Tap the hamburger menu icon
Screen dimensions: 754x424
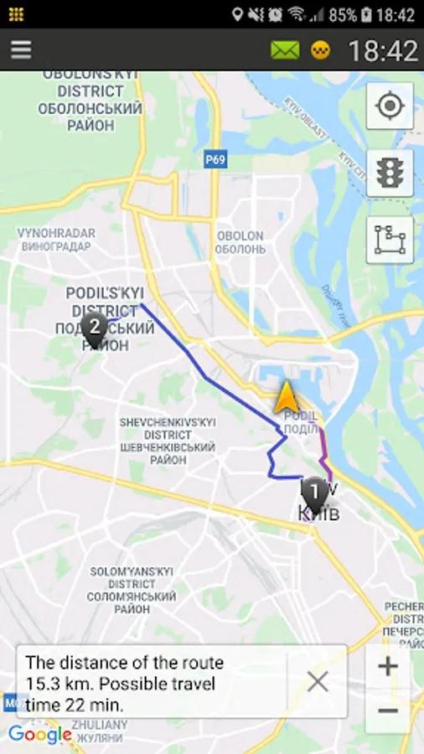coord(21,50)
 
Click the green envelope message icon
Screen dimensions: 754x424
coord(285,50)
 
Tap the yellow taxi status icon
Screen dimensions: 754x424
coord(320,50)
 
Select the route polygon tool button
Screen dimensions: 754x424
coord(390,240)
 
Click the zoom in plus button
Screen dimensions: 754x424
coord(387,667)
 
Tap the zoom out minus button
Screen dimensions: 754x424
coord(387,710)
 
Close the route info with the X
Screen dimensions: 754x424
coord(318,682)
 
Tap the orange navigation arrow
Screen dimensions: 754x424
coord(286,397)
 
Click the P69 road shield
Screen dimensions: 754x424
coord(215,159)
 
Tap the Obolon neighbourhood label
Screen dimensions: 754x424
coord(240,242)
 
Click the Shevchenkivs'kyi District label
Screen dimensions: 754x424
coord(168,436)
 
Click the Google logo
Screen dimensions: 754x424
coord(39,735)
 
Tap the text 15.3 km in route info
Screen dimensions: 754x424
coord(54,684)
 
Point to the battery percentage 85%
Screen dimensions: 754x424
coord(343,15)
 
